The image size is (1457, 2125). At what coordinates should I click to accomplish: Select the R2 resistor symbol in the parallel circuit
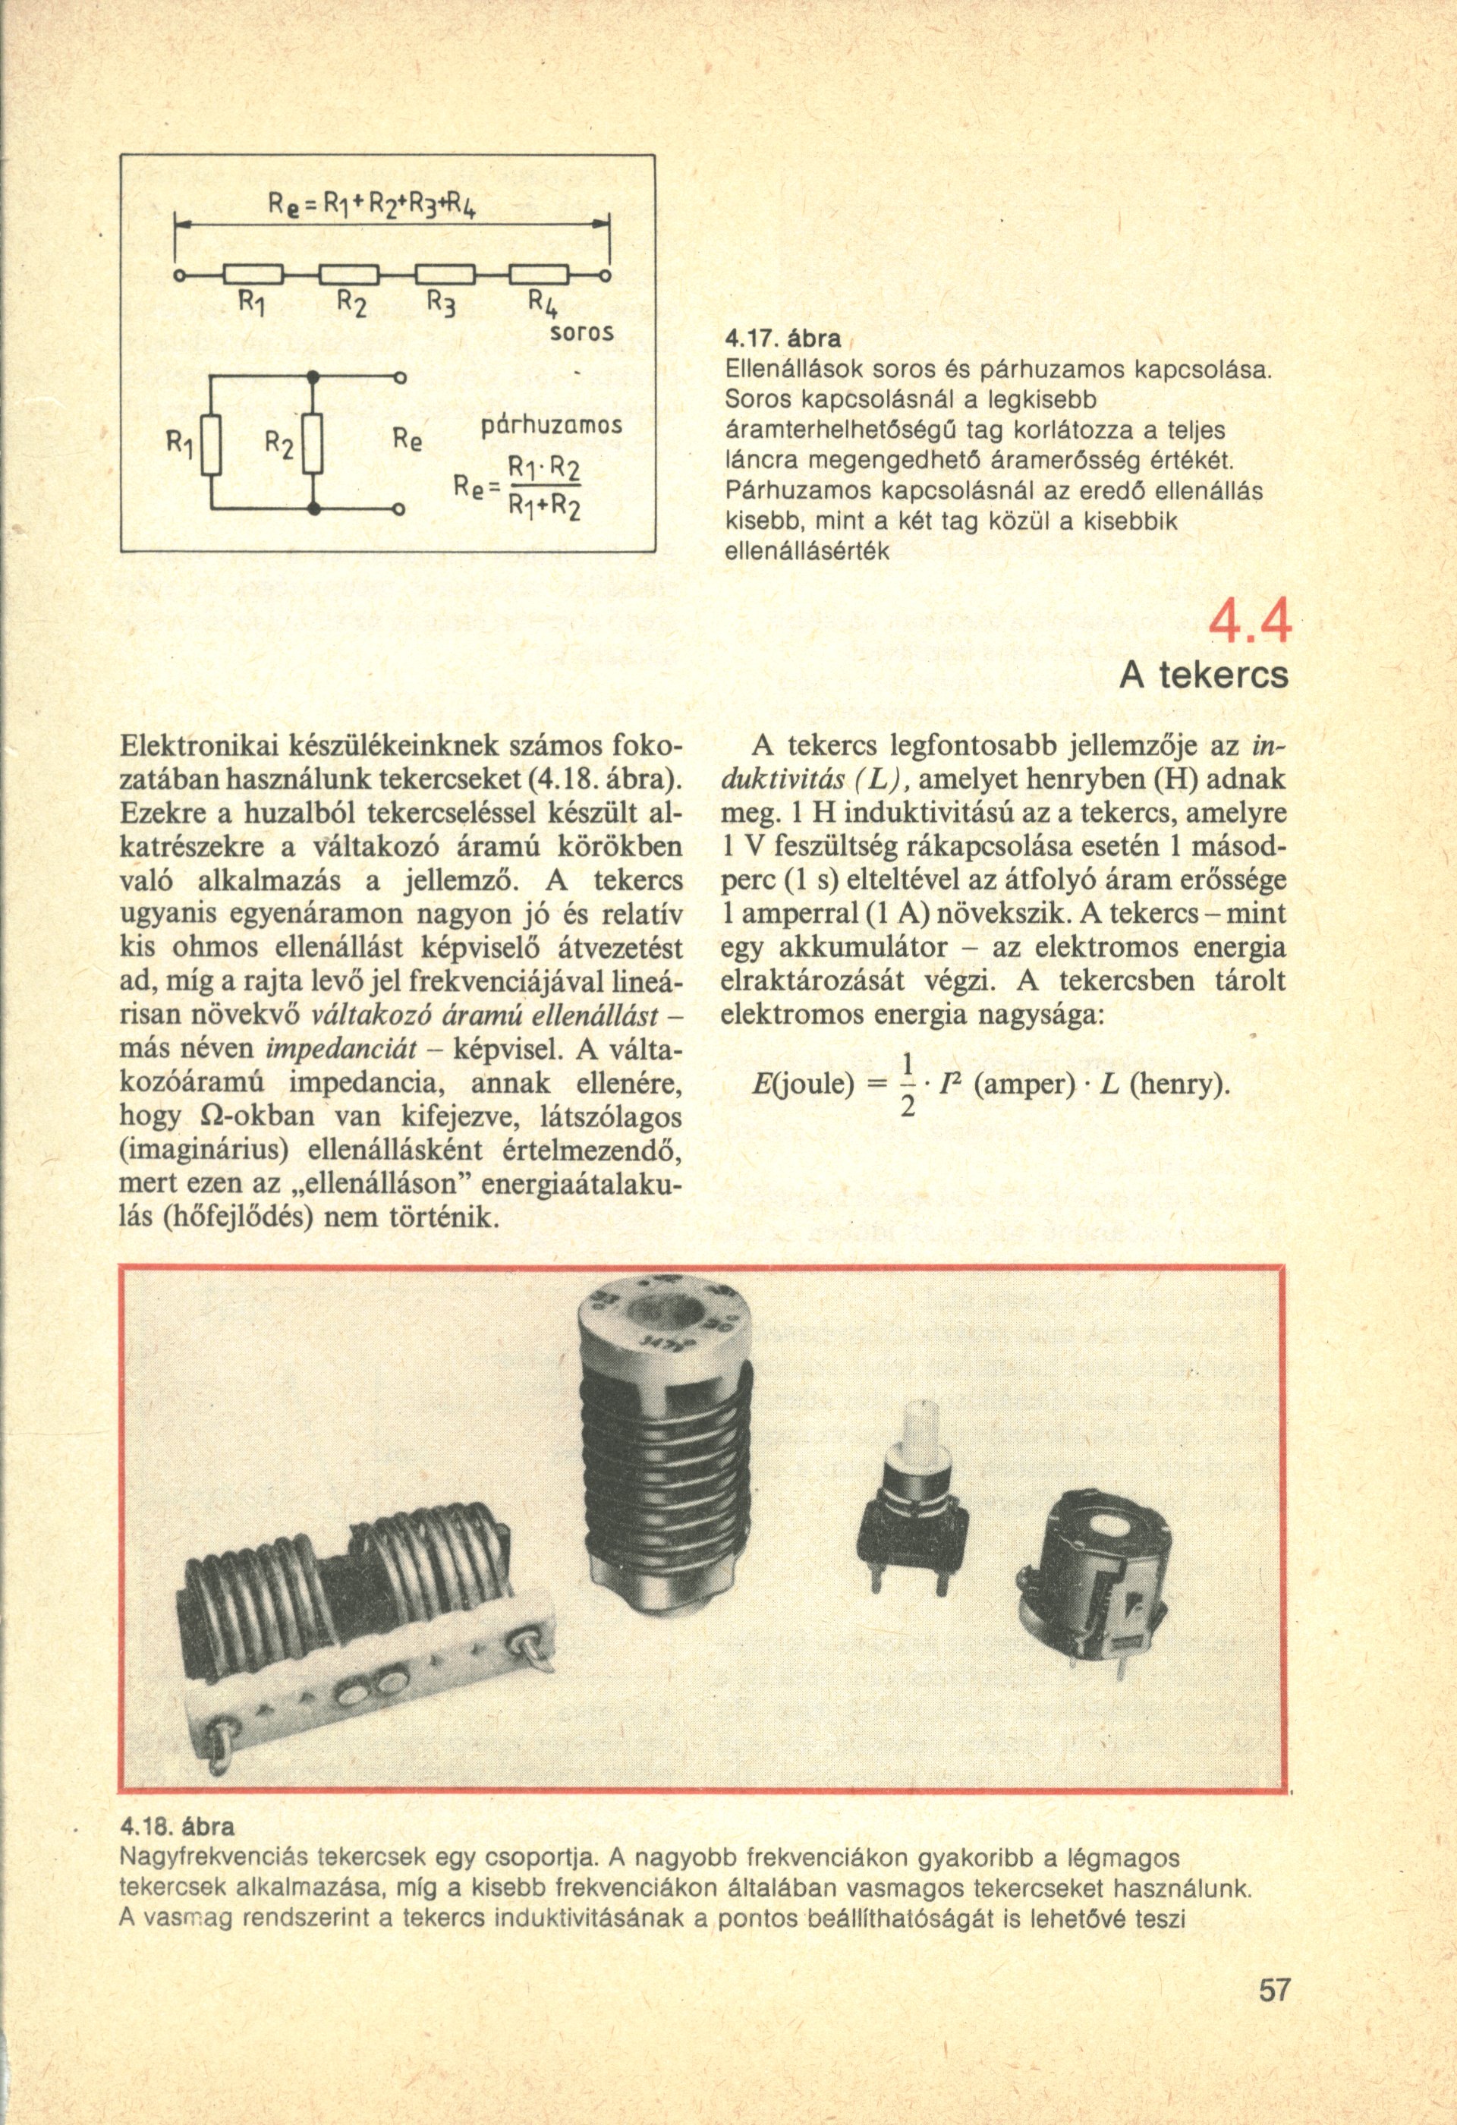coord(313,443)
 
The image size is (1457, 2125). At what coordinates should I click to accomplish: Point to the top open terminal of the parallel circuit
coord(398,376)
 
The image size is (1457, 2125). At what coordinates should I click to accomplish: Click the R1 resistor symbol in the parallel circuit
coord(212,443)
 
